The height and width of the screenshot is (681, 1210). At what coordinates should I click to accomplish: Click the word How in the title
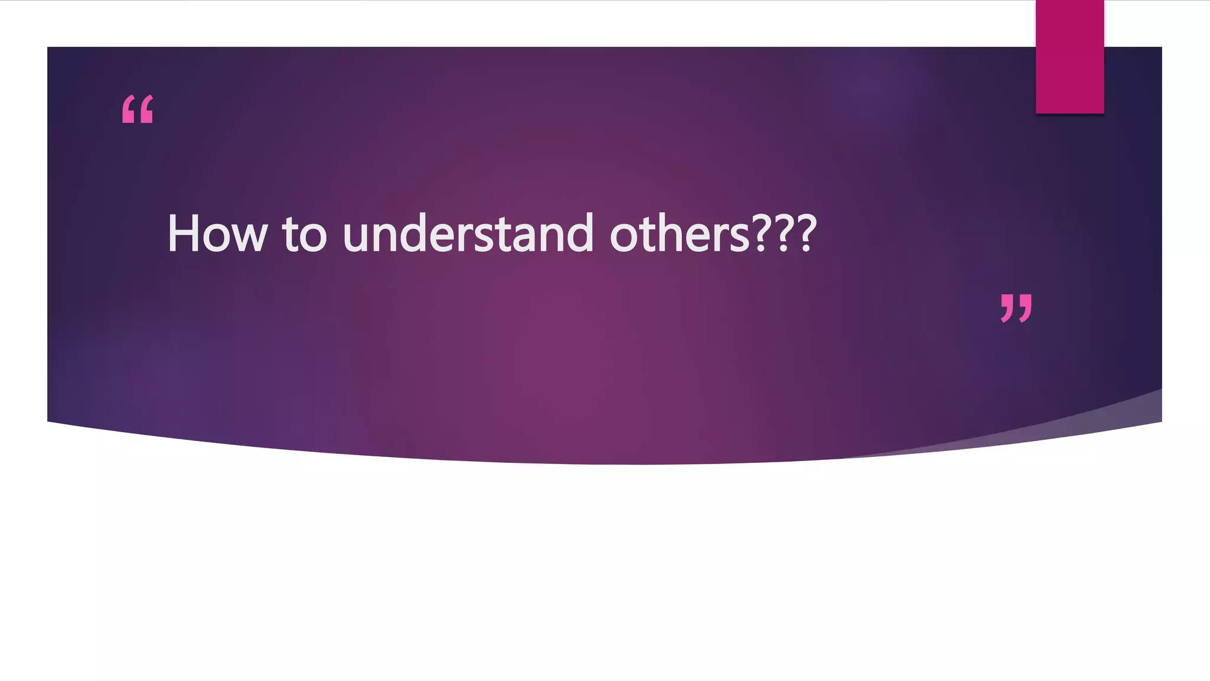(x=217, y=234)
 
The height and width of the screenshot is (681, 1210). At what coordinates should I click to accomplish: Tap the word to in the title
(x=304, y=234)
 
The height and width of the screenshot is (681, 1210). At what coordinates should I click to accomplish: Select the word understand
(x=468, y=234)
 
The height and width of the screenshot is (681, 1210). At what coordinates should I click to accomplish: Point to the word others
(x=679, y=234)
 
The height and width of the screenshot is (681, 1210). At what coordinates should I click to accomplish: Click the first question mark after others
(x=763, y=234)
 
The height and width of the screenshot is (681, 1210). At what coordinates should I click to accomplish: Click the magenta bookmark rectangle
(x=1069, y=57)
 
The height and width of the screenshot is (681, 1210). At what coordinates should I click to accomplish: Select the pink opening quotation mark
(x=138, y=109)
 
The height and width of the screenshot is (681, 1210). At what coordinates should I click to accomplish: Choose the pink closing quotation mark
(x=1016, y=308)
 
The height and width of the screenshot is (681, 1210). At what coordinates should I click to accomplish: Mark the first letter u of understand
(x=357, y=239)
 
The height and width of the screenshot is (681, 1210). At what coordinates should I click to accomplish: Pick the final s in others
(x=740, y=239)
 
